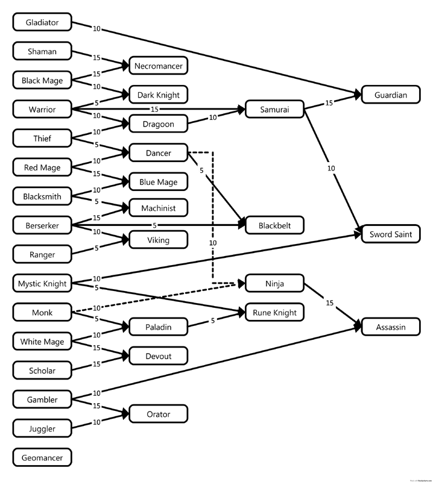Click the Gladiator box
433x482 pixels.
tap(42, 23)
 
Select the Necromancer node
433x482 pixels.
tap(159, 65)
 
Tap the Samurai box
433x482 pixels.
tap(275, 110)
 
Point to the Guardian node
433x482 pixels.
tap(391, 95)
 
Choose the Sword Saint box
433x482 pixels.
tap(391, 234)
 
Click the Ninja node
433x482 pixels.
tap(275, 283)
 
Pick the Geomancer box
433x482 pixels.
tap(42, 457)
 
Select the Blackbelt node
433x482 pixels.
tap(275, 225)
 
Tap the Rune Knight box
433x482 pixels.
tap(275, 312)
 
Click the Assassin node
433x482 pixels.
tap(391, 327)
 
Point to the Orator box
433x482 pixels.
tap(159, 414)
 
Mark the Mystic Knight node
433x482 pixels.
tap(42, 283)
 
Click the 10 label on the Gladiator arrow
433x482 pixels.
tap(96, 28)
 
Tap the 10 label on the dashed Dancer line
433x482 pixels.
tap(212, 242)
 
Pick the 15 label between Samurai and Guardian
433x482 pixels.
tap(329, 103)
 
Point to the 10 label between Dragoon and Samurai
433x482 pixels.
tap(213, 117)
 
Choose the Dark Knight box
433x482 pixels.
tap(159, 95)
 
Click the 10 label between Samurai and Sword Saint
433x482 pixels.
tap(331, 168)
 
